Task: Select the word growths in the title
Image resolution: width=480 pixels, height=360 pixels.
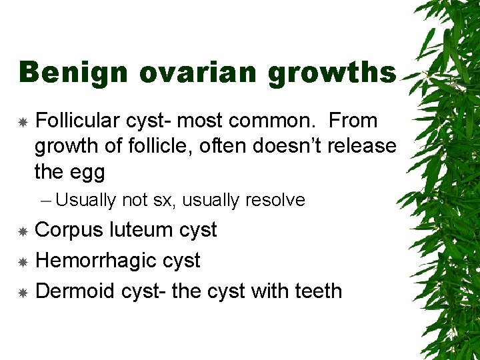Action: click(x=332, y=73)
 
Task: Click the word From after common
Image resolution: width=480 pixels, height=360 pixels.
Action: click(x=353, y=121)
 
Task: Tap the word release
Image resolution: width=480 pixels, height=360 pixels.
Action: click(x=359, y=146)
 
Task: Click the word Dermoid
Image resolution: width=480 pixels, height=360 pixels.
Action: click(x=75, y=291)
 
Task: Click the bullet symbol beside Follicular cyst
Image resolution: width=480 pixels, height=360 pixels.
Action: click(x=23, y=122)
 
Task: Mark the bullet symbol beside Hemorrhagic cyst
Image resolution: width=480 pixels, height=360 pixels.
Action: click(x=23, y=262)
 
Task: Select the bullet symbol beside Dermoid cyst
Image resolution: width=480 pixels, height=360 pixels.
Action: click(x=23, y=293)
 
